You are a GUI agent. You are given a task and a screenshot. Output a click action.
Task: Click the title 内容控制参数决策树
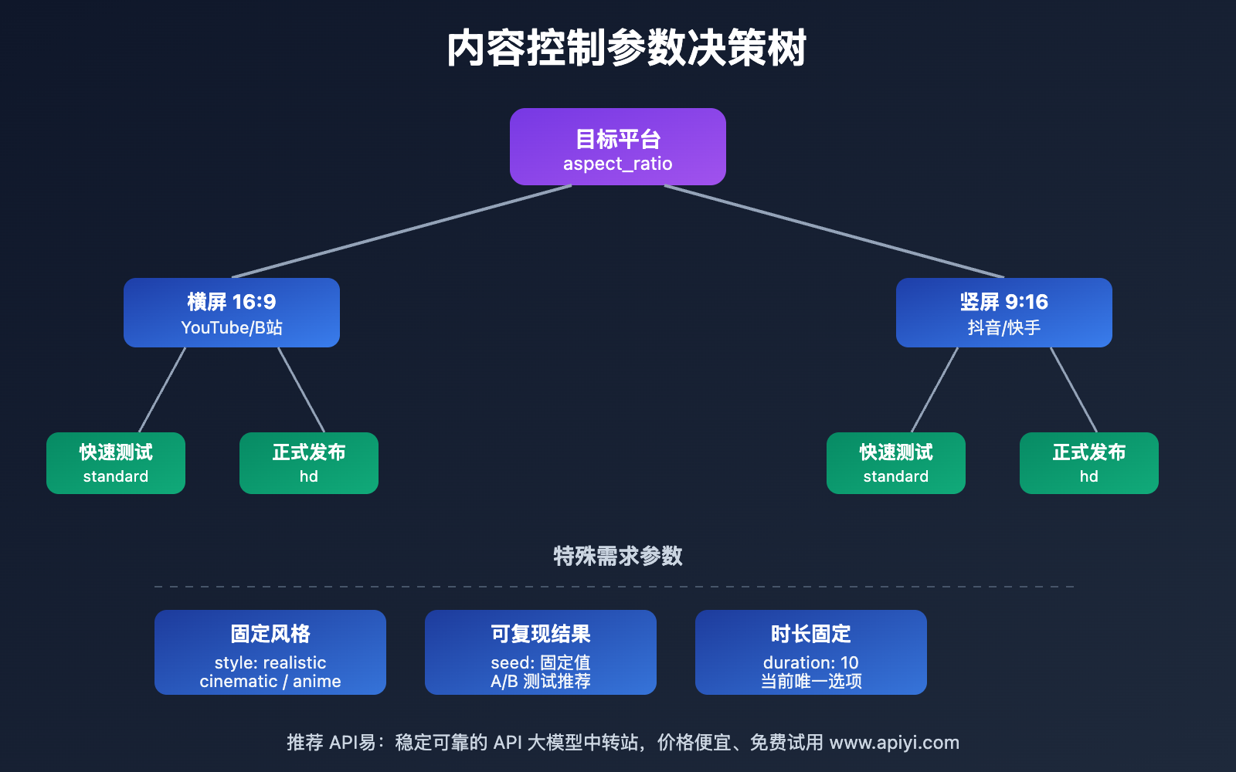point(626,48)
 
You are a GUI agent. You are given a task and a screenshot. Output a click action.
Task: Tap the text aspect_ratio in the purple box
point(618,164)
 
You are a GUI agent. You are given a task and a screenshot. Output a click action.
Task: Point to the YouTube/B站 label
point(232,328)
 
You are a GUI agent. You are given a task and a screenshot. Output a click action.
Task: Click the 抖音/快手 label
point(1004,328)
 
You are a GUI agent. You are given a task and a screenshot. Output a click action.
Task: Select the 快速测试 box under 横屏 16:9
point(116,462)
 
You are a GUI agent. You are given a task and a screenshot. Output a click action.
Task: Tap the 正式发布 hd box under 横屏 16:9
point(309,462)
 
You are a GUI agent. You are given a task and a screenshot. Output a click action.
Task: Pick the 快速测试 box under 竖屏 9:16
point(896,462)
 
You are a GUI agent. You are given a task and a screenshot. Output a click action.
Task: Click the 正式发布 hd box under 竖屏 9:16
point(1089,462)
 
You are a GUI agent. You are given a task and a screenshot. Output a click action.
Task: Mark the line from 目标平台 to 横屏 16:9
point(402,231)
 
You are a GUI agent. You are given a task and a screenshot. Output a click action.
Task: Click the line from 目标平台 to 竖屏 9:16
point(834,231)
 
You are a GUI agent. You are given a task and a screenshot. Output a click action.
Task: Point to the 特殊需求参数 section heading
point(618,556)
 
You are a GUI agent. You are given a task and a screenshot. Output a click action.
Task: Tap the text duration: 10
point(811,662)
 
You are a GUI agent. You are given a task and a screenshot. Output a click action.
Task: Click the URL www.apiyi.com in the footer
point(894,743)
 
